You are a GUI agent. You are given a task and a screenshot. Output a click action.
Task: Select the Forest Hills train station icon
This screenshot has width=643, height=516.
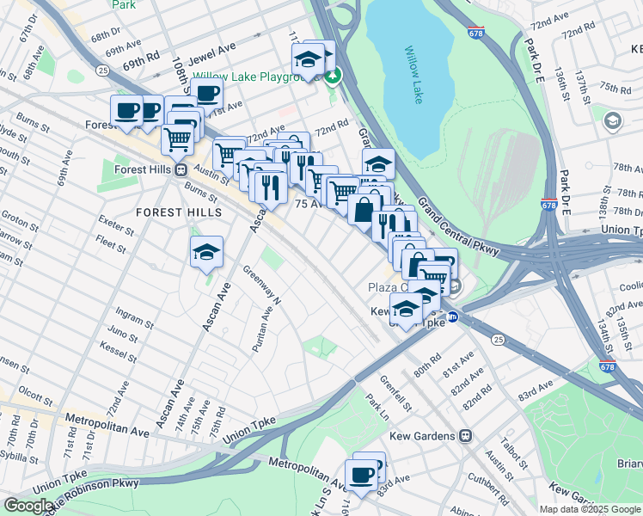[x=181, y=169]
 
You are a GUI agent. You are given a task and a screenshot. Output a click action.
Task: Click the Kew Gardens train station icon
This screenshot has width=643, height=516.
[x=465, y=436]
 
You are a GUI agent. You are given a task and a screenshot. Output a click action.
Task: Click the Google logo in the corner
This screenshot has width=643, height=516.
[x=28, y=506]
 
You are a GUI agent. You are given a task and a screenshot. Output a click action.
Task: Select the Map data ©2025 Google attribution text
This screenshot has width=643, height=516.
[x=590, y=509]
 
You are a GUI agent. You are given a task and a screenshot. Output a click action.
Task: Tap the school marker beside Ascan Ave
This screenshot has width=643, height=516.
[x=206, y=252]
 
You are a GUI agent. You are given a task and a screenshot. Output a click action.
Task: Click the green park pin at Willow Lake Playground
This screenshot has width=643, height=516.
[x=333, y=77]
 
